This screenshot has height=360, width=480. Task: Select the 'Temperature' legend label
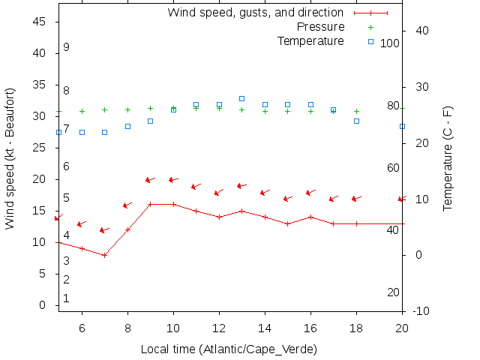point(310,40)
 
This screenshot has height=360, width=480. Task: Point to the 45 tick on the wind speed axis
point(42,22)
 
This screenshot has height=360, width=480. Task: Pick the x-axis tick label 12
point(219,327)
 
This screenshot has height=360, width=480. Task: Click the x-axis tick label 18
point(356,327)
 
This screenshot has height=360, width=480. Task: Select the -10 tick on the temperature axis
point(420,310)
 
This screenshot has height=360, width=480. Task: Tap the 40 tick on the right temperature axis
point(421,31)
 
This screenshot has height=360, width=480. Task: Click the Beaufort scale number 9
point(67,47)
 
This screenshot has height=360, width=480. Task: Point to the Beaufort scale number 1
point(66,298)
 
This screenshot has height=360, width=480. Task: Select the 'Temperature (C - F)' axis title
point(448,157)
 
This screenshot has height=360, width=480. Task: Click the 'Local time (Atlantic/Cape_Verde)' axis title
point(229,349)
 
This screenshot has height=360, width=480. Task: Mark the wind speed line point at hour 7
point(105,255)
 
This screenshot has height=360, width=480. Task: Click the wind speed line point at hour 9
point(150,204)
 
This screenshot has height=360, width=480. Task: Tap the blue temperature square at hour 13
point(241,98)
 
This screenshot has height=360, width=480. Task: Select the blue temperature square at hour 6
point(82,132)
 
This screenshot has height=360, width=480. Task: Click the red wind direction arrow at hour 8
point(127,205)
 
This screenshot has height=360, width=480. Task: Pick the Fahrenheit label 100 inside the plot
point(390,43)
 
